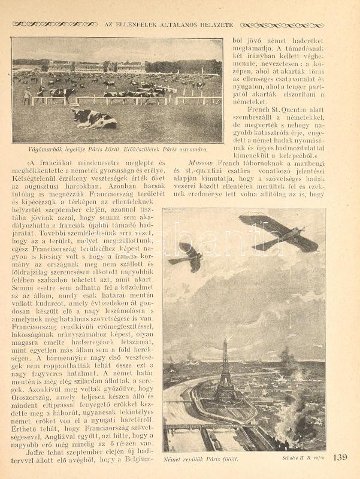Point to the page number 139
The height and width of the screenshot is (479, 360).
(339, 457)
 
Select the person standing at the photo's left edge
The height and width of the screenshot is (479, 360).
(26, 96)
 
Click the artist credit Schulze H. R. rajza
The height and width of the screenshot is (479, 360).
(302, 459)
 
